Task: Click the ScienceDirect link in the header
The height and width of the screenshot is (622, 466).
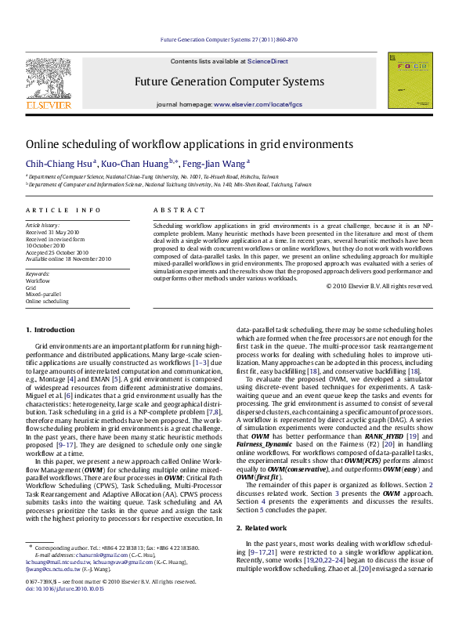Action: point(268,61)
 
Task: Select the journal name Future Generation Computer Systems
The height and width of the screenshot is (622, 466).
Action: point(229,81)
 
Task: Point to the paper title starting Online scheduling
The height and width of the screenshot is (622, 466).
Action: point(179,144)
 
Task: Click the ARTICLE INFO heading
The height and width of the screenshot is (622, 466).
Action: point(63,211)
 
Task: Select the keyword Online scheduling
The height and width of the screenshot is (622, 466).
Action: point(47,301)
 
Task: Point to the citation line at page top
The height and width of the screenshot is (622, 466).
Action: point(229,38)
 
